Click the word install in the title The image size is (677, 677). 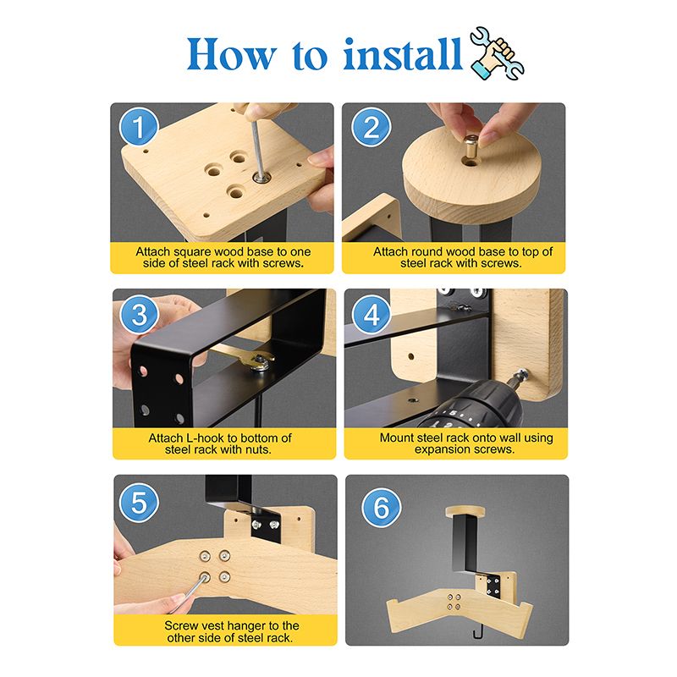pyautogui.click(x=403, y=54)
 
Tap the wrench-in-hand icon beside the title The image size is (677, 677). pyautogui.click(x=497, y=53)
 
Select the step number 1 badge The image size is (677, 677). pyautogui.click(x=139, y=127)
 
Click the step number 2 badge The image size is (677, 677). pyautogui.click(x=371, y=127)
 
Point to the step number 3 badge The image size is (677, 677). pyautogui.click(x=140, y=314)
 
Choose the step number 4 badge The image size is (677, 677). pyautogui.click(x=372, y=314)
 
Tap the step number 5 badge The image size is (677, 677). pyautogui.click(x=139, y=503)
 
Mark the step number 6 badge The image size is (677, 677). pyautogui.click(x=382, y=507)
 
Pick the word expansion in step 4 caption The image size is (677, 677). pyautogui.click(x=442, y=449)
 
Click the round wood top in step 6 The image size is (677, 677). pyautogui.click(x=465, y=512)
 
